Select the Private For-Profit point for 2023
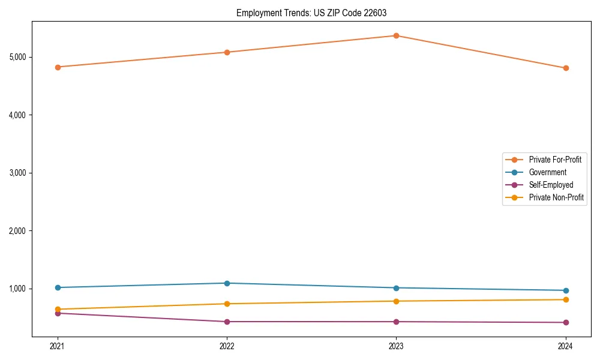(x=396, y=36)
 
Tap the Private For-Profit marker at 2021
(x=58, y=67)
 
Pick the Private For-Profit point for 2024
(x=566, y=68)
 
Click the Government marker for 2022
(x=227, y=283)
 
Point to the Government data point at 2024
(x=566, y=290)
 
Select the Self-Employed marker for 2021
(x=58, y=313)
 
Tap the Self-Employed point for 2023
(x=396, y=322)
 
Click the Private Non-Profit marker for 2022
(x=227, y=304)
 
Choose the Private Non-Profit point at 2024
(x=566, y=299)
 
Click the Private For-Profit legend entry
(x=554, y=160)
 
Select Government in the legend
(x=547, y=172)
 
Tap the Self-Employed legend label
(x=551, y=185)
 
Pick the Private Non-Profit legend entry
(x=556, y=197)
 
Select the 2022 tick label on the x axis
(x=227, y=346)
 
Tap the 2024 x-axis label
(x=566, y=346)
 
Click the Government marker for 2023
(x=396, y=288)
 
